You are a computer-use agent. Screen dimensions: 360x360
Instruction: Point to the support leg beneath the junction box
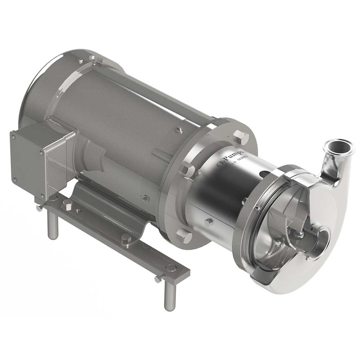53,225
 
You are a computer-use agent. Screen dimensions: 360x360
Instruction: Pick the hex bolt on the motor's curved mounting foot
127,239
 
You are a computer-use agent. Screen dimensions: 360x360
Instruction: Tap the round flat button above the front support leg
171,268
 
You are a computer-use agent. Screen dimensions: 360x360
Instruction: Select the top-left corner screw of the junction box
13,136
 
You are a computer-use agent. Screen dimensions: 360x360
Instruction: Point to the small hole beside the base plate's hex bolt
78,211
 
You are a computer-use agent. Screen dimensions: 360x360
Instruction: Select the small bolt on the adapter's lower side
209,222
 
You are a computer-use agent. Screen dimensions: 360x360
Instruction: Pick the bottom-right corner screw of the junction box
42,196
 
